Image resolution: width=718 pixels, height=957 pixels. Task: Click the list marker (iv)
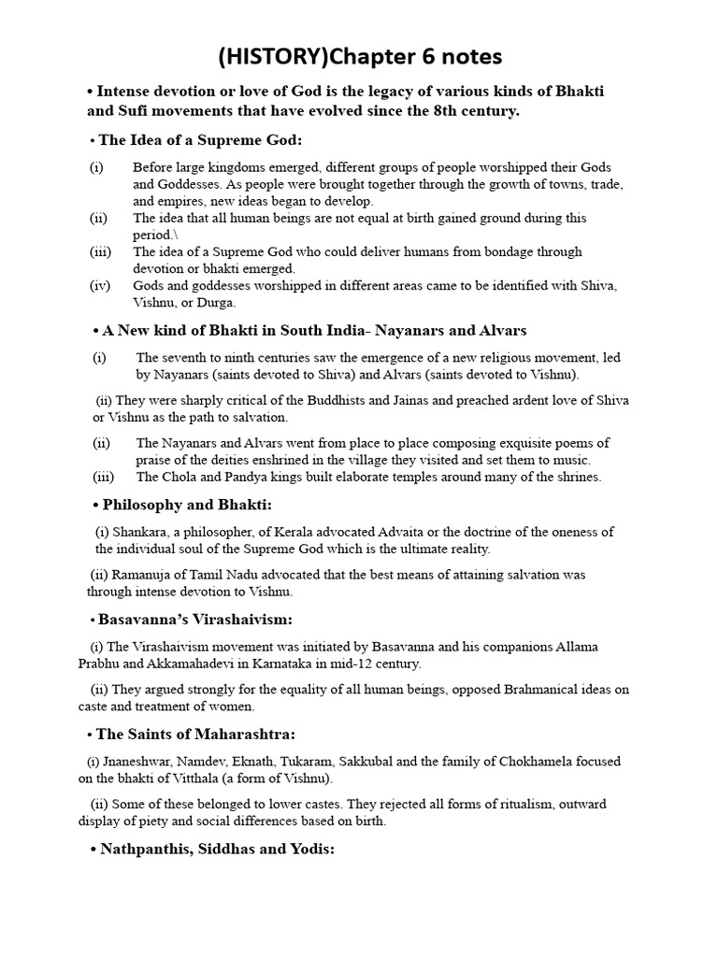coord(100,286)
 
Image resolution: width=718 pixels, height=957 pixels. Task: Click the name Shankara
coord(146,532)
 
